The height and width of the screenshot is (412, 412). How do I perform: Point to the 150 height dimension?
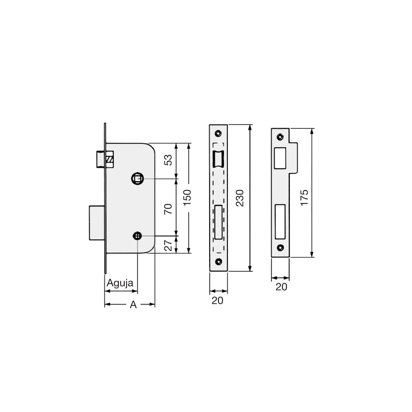pyautogui.click(x=187, y=198)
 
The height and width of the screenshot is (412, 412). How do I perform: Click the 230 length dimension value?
pyautogui.click(x=240, y=198)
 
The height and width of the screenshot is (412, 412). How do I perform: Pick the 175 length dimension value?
pyautogui.click(x=304, y=197)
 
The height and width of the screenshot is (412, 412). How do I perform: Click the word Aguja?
pyautogui.click(x=120, y=283)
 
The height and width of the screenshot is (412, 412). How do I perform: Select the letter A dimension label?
pyautogui.click(x=133, y=305)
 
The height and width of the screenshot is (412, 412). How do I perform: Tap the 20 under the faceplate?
pyautogui.click(x=217, y=301)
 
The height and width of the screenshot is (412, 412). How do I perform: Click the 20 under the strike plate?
pyautogui.click(x=281, y=287)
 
